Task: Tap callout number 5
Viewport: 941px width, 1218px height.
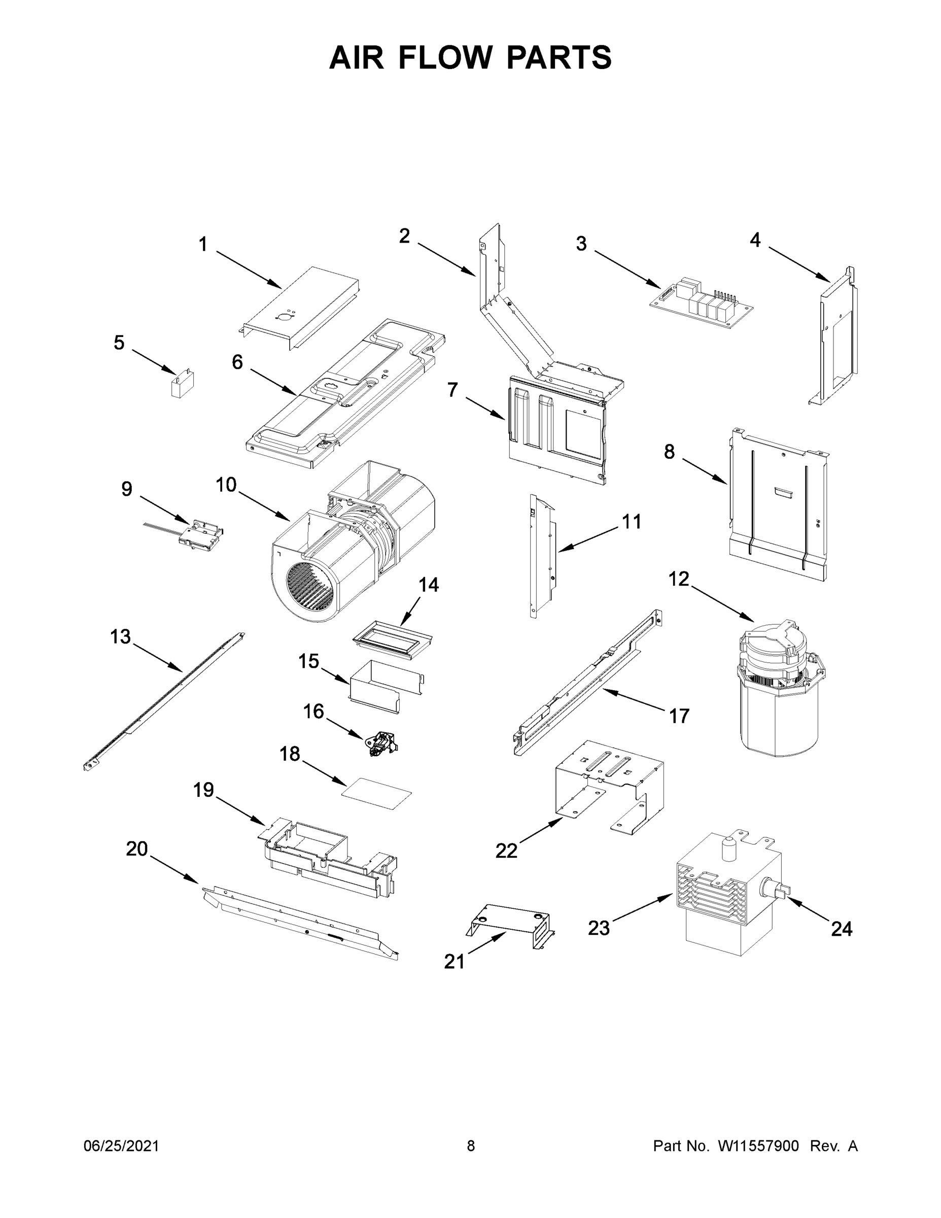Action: [119, 343]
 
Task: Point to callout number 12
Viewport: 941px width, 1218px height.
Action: [678, 580]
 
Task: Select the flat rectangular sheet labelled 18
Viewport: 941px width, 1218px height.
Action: [377, 794]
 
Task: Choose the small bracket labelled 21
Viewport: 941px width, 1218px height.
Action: [510, 923]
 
